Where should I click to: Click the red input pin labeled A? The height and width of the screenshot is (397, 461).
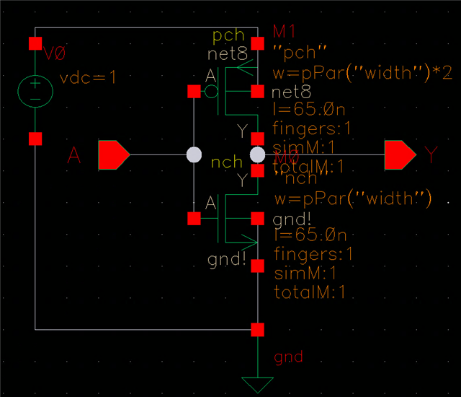click(x=112, y=154)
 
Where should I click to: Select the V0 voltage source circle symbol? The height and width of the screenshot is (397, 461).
click(x=35, y=90)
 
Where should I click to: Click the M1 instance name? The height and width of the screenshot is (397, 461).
click(x=285, y=30)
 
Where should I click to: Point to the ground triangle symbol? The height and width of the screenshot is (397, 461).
click(x=258, y=383)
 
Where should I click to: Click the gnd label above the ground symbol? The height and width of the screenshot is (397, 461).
click(x=288, y=357)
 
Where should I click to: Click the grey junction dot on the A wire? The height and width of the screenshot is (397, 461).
click(x=194, y=154)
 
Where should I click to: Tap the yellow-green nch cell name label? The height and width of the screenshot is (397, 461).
click(x=227, y=162)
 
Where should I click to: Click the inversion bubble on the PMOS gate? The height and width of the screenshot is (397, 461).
click(x=210, y=92)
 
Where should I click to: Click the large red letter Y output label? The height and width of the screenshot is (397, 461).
click(x=430, y=154)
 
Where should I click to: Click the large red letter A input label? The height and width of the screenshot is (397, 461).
click(x=73, y=154)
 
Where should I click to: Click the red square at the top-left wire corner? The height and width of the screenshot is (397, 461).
click(x=35, y=43)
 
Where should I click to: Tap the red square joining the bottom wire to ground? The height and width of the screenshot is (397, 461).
click(x=258, y=330)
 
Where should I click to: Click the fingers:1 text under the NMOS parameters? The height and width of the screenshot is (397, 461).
click(x=313, y=254)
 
